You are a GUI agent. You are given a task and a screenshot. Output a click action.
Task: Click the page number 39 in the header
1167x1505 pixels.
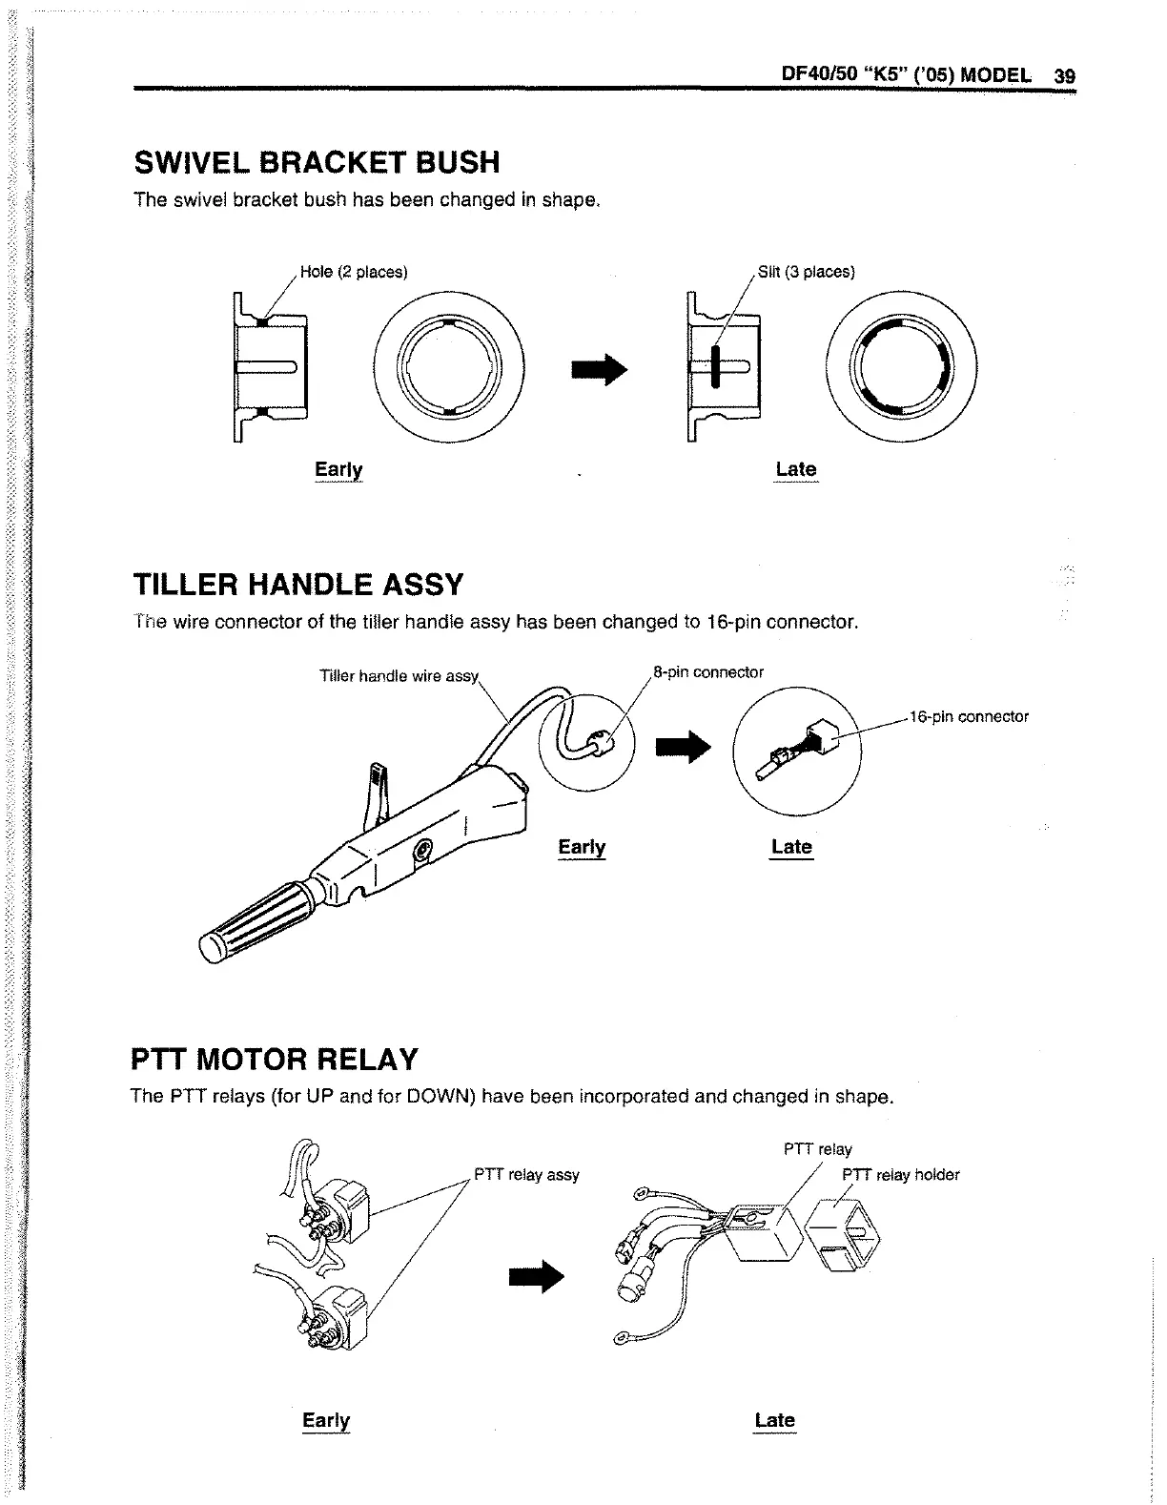[1065, 75]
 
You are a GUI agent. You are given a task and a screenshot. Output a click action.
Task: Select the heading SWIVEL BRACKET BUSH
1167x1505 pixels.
[317, 163]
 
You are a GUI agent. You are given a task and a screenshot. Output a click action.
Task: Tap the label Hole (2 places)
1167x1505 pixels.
[354, 272]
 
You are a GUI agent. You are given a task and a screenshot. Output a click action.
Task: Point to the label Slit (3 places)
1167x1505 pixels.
[806, 272]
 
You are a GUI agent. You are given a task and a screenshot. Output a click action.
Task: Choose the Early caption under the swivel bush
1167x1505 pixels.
[338, 469]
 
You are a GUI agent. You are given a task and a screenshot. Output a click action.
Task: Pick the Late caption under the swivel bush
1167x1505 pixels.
[796, 469]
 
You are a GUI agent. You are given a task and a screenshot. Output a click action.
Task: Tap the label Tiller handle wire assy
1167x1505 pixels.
[398, 676]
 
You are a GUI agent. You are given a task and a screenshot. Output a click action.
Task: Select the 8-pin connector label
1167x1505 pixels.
[708, 672]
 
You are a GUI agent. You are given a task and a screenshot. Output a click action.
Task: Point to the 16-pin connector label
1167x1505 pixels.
[969, 717]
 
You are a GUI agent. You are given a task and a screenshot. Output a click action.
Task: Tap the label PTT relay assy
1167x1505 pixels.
[527, 1175]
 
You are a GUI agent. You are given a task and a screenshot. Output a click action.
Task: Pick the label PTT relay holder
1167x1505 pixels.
[901, 1175]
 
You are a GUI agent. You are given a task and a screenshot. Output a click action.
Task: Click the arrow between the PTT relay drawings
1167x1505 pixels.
[538, 1278]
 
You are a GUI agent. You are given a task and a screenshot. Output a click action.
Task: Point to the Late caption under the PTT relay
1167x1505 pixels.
[774, 1420]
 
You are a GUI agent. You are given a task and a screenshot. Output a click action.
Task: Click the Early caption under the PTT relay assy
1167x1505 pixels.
[326, 1420]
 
